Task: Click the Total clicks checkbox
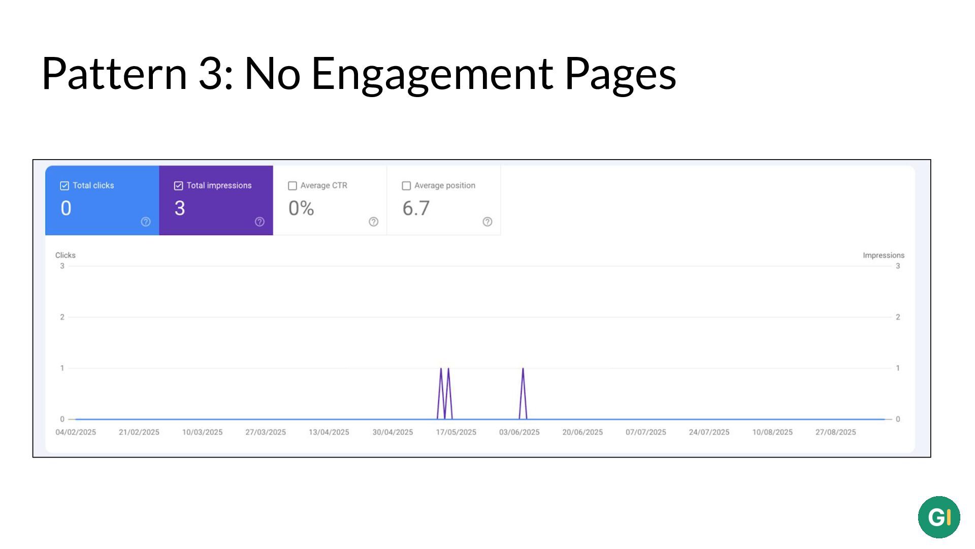tap(64, 186)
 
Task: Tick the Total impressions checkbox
tap(178, 186)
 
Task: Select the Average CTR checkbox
tap(292, 186)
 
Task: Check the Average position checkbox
tap(406, 186)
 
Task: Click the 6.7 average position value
tap(416, 208)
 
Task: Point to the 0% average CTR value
tap(301, 208)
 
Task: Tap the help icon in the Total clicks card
tap(146, 222)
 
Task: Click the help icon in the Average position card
tap(487, 222)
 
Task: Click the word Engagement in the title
tap(432, 74)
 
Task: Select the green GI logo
tap(939, 517)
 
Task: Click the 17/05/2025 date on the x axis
tap(456, 432)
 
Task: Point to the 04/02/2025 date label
tap(76, 432)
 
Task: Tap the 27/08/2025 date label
tap(835, 432)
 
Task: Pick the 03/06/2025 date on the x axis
tap(519, 432)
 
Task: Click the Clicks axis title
tap(66, 255)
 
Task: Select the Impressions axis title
tap(884, 255)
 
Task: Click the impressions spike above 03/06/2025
tap(523, 369)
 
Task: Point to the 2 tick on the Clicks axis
tap(62, 317)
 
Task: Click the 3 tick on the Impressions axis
tap(898, 266)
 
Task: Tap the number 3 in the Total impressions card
tap(180, 208)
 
